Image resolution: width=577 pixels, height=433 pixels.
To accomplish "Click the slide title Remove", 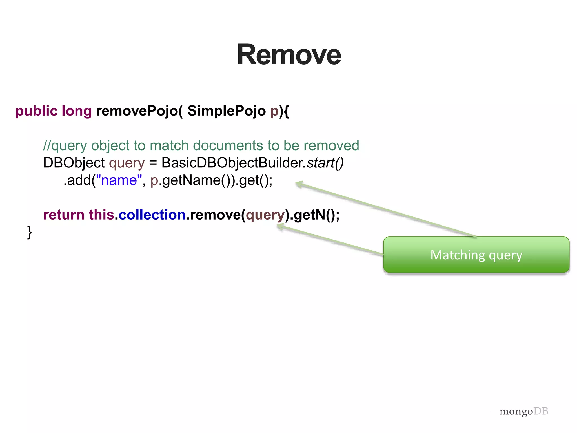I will [x=289, y=55].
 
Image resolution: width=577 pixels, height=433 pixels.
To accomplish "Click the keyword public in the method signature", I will [x=36, y=111].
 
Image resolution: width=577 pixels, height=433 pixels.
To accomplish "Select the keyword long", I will [x=77, y=111].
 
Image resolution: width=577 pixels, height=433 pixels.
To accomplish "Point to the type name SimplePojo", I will [x=227, y=111].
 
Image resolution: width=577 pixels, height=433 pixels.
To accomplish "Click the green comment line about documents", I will [x=201, y=146].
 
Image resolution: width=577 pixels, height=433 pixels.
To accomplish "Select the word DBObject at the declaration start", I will [x=74, y=163].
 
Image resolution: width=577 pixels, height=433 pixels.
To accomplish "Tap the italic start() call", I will [x=325, y=163].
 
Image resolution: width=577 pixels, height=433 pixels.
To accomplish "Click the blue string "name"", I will [x=119, y=180].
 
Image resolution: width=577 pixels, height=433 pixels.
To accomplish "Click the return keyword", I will [x=64, y=215].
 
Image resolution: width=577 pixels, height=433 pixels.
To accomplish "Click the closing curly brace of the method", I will [x=29, y=232].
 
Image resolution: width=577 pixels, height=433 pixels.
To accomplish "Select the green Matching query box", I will [x=476, y=255].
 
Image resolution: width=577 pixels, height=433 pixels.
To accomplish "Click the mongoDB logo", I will [x=524, y=411].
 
